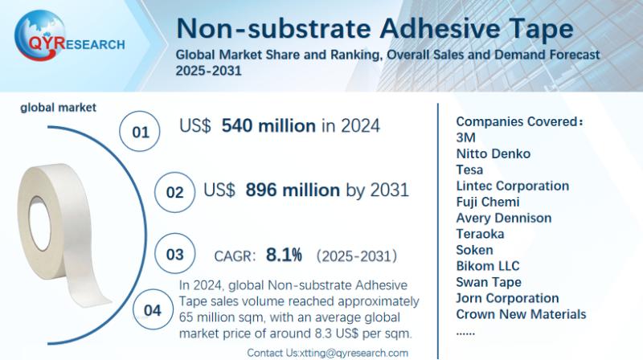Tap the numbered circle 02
pos(175,193)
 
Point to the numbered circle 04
pos(152,309)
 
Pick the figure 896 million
pos(293,190)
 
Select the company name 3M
pos(466,137)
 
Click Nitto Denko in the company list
pos(493,153)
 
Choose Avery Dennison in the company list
pos(503,218)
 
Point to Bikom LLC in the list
pos(487,266)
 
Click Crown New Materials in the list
pos(521,314)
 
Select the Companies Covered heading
pos(519,121)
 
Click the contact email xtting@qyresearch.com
pos(351,353)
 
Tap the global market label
pos(59,107)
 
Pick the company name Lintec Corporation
pos(512,186)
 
